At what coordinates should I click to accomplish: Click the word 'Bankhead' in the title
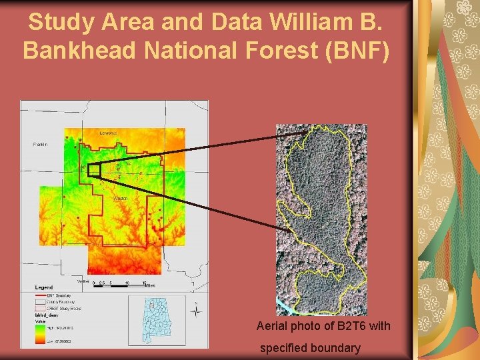73,50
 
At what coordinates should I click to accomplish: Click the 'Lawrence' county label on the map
108,133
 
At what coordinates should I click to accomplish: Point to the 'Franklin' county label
41,144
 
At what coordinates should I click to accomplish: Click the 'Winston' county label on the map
120,198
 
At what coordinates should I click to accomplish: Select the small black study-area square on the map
93,170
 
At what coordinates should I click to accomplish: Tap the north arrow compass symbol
197,311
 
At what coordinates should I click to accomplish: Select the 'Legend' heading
44,287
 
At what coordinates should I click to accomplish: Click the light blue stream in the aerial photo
285,306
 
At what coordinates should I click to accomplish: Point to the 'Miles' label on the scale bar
151,285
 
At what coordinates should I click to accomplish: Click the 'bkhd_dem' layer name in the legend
46,315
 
